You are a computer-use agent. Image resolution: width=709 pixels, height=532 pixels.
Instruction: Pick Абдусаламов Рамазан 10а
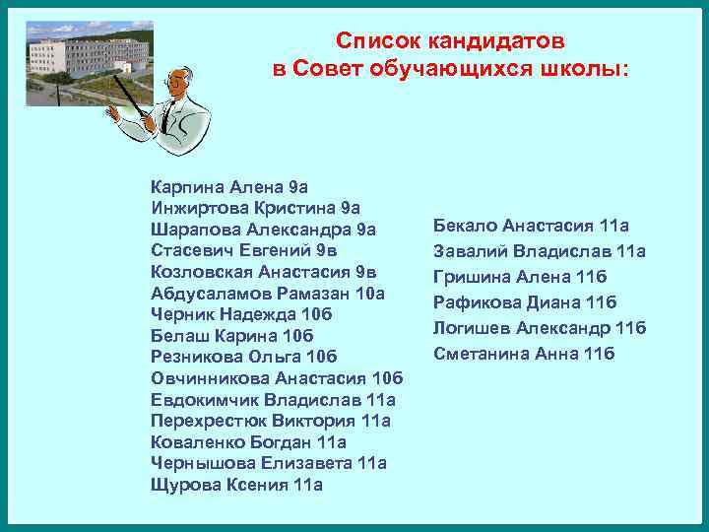[x=267, y=293]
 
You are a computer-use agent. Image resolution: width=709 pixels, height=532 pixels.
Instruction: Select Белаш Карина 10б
[x=230, y=335]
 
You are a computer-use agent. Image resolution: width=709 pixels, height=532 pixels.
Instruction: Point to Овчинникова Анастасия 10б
[x=277, y=378]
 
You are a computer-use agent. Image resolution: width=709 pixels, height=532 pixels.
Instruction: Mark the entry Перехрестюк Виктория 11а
[x=271, y=421]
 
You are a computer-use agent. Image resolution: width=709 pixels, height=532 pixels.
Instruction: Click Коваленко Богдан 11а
[x=248, y=442]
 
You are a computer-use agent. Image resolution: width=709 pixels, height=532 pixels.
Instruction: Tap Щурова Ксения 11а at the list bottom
[x=236, y=485]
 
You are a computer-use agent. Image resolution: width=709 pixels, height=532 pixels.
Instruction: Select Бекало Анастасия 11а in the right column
[x=531, y=226]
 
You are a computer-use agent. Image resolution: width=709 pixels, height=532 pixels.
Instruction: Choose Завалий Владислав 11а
[x=540, y=251]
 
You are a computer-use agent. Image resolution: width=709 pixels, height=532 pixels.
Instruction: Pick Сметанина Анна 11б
[x=524, y=353]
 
